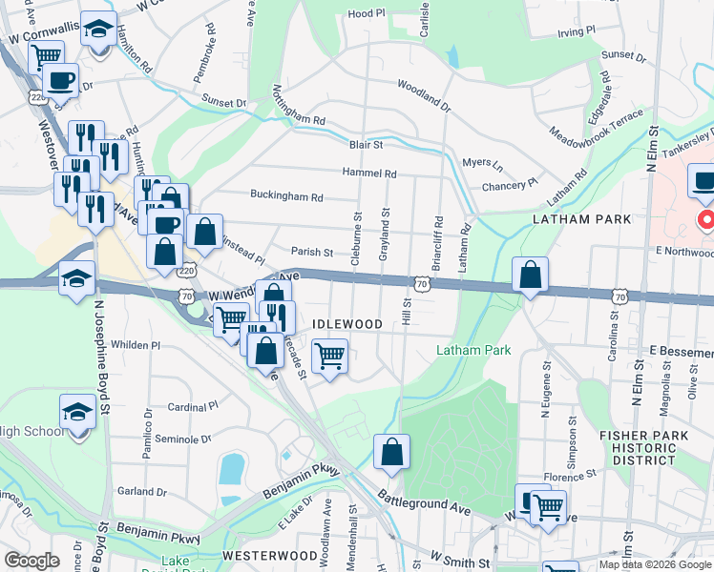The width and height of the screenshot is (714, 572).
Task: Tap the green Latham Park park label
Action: click(x=473, y=351)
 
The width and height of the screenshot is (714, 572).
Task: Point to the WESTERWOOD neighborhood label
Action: click(x=270, y=555)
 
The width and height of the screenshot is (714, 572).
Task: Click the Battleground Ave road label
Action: click(x=424, y=501)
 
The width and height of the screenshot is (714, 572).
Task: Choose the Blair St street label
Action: click(x=366, y=145)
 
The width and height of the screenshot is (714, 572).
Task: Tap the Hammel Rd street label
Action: click(x=370, y=174)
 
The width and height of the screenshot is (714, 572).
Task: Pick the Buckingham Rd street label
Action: click(x=286, y=197)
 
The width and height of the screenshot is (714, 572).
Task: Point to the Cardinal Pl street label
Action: click(x=194, y=407)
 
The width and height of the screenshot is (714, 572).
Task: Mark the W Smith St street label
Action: click(x=460, y=558)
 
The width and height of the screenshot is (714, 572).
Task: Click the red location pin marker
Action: click(x=707, y=221)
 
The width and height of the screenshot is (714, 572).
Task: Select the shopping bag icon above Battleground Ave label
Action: click(x=391, y=451)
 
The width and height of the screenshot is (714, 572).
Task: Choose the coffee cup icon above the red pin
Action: click(x=703, y=180)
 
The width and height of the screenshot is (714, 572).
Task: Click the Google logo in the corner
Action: click(x=31, y=561)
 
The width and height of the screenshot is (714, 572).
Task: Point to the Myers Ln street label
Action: click(x=481, y=163)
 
